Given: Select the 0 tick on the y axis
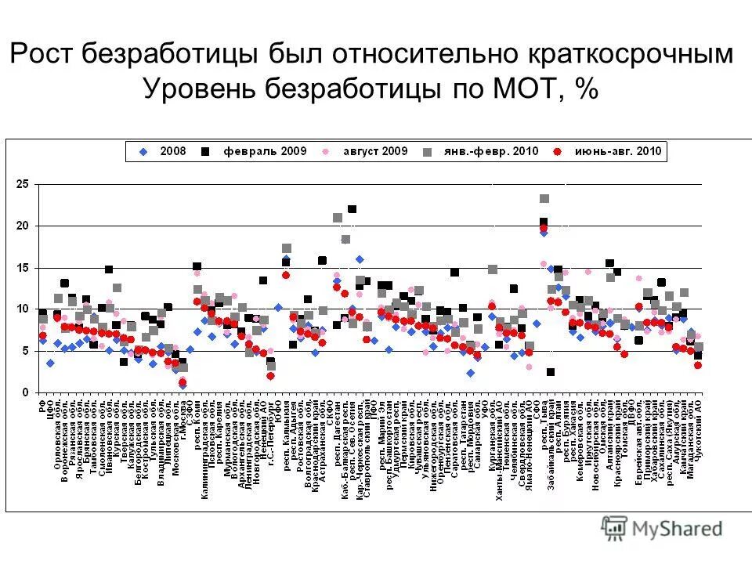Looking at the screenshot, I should point(25,392).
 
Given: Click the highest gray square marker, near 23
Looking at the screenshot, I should point(544,199).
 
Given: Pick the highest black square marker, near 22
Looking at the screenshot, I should point(352,209).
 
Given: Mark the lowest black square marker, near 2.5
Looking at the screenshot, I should point(551,372).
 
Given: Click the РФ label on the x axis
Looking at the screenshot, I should point(42,408).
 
